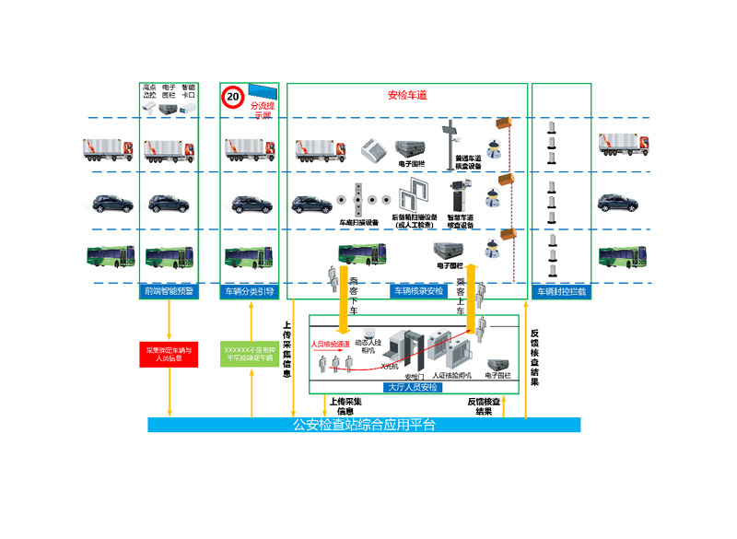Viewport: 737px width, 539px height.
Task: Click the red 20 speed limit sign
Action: (x=233, y=95)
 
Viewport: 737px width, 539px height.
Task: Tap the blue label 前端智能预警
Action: (x=169, y=292)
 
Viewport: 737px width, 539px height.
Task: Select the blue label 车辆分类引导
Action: (x=250, y=292)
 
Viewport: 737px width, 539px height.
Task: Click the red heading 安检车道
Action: (x=406, y=95)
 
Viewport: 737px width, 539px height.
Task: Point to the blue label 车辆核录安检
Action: (x=418, y=292)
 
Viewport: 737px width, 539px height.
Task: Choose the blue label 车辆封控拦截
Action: (x=562, y=292)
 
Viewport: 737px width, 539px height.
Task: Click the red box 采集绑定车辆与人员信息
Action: (x=169, y=353)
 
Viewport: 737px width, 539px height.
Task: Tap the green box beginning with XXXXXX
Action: (x=250, y=353)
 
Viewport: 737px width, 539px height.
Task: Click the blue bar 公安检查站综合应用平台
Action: (x=364, y=425)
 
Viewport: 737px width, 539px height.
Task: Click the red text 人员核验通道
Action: (x=330, y=344)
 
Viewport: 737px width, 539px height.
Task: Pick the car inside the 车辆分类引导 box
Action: (x=250, y=204)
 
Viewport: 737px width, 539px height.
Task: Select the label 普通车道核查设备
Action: (x=468, y=162)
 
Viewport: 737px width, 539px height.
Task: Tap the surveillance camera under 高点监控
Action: (x=149, y=109)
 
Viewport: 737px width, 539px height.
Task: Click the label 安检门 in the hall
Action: (x=415, y=376)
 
